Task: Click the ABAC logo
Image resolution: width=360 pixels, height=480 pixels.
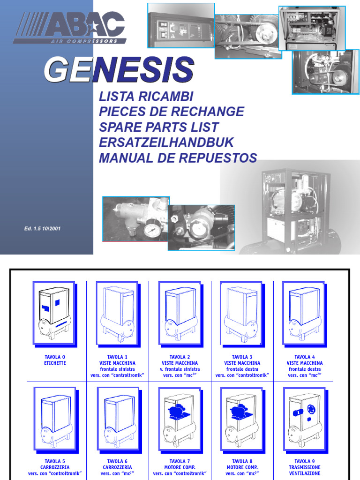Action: tap(70, 27)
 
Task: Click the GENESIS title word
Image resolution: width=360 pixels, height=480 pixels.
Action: tap(119, 70)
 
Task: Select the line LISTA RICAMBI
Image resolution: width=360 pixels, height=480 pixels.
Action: tap(146, 97)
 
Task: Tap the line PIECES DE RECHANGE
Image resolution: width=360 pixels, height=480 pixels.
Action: tap(171, 112)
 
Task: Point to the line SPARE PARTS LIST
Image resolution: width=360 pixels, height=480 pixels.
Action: tap(158, 127)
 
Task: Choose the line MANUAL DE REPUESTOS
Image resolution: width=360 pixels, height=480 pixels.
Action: tap(178, 158)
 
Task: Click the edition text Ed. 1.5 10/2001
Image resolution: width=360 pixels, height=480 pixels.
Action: tap(43, 229)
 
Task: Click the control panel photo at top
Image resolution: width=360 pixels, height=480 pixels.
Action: tap(181, 25)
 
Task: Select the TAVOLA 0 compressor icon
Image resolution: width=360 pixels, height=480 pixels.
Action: tap(54, 313)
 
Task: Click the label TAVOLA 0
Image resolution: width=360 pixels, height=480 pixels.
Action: tap(55, 357)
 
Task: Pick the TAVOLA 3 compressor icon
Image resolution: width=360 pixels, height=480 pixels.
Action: tap(241, 313)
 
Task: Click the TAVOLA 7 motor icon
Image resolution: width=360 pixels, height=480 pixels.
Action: tap(180, 417)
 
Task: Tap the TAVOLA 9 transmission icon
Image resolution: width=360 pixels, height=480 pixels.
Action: tap(304, 417)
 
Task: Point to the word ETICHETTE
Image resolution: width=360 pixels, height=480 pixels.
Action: tap(55, 363)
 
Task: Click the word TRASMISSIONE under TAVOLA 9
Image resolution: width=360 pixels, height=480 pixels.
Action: tap(305, 467)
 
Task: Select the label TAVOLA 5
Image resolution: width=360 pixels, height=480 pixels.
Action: tap(55, 461)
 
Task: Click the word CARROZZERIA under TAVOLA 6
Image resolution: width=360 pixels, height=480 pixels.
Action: tap(117, 467)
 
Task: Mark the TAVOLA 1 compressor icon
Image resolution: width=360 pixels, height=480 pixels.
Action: tap(117, 313)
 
